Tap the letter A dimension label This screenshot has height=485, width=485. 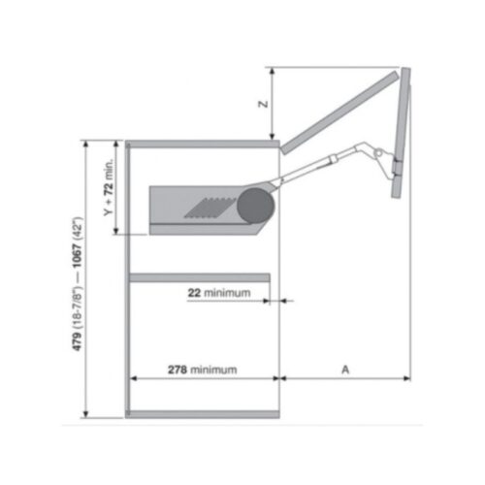tap(345, 369)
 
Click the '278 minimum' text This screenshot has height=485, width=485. tap(202, 369)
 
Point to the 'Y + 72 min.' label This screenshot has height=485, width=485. tap(109, 188)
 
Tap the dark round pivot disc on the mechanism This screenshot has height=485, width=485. tap(254, 207)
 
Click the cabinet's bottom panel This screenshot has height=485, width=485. tap(202, 414)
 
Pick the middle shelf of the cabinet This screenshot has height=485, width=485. tap(202, 278)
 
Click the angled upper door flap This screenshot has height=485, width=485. tap(339, 110)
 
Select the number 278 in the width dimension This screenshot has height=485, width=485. tap(177, 369)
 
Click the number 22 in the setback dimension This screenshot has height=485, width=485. tap(194, 292)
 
